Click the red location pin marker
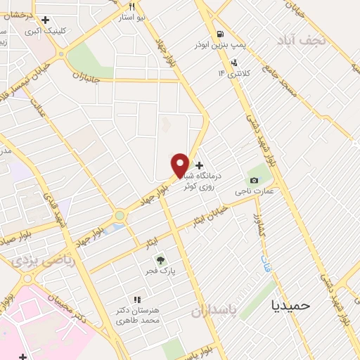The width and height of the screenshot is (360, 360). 181,165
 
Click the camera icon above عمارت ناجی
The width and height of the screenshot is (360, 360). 252,179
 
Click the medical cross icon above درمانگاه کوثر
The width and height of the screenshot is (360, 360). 200,165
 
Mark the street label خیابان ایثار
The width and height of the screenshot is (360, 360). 212,215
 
